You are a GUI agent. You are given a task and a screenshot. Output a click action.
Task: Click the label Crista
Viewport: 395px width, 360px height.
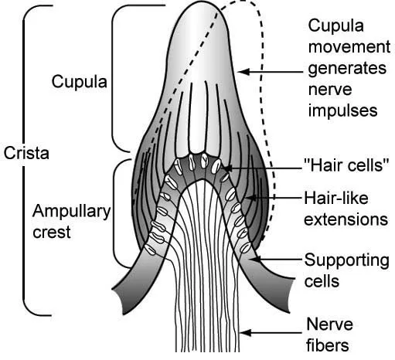[26, 153]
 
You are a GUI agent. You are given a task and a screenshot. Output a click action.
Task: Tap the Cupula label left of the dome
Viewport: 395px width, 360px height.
[79, 82]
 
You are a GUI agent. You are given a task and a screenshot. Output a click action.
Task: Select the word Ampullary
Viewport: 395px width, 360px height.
[71, 212]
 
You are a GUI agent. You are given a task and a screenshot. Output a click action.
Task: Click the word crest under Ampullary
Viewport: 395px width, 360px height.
[52, 232]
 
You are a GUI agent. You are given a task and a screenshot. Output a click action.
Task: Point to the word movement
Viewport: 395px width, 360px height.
[349, 47]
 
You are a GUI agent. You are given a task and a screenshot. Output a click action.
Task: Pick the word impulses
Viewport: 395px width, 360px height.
[343, 111]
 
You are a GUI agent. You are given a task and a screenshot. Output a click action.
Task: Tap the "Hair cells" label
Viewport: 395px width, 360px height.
[346, 165]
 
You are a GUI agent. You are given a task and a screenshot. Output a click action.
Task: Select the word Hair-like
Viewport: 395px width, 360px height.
[336, 198]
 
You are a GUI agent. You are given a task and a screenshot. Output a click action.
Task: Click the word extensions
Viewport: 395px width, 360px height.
[346, 219]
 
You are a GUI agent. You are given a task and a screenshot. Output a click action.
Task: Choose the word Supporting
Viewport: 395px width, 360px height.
[346, 261]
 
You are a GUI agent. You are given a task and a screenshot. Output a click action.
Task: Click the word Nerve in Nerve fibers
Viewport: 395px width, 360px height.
[329, 324]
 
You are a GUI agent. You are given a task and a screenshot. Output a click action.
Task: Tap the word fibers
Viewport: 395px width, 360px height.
[328, 345]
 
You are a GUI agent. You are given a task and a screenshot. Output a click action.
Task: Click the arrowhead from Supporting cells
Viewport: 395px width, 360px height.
[256, 259]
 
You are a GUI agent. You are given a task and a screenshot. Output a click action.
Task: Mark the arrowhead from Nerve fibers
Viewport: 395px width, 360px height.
[245, 332]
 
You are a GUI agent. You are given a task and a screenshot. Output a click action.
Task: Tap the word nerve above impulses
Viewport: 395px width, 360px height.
[330, 90]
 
